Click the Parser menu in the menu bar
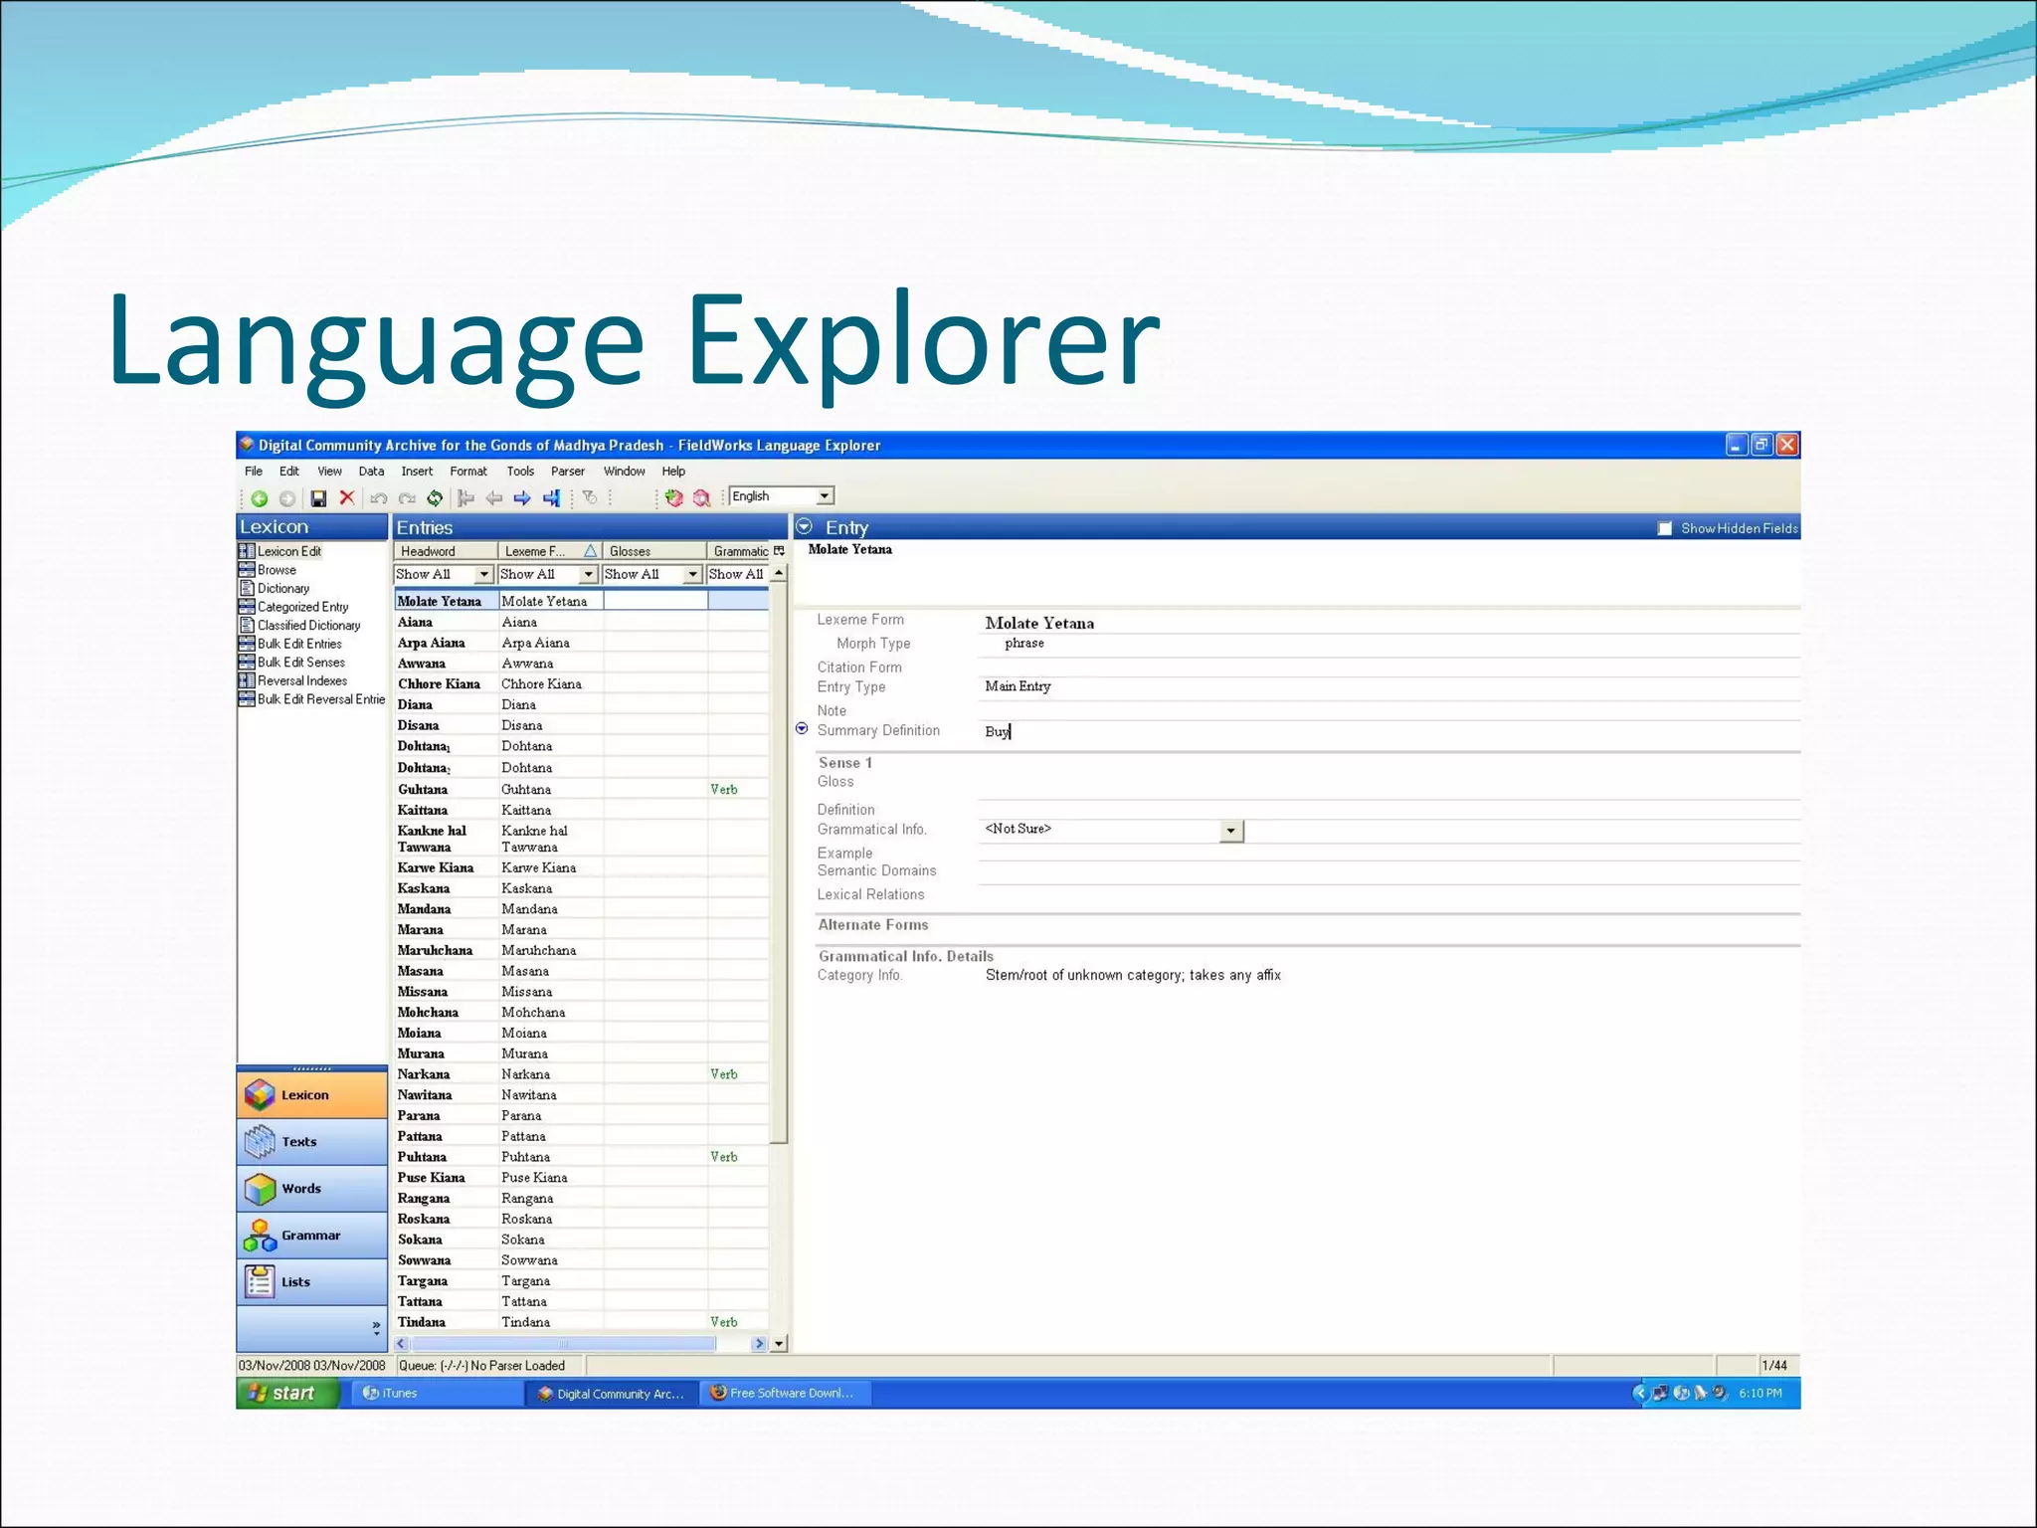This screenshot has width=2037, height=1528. (x=567, y=472)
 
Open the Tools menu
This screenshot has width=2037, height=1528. (x=520, y=472)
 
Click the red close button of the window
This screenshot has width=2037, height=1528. (x=1787, y=445)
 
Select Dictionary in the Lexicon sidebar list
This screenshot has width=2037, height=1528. (x=282, y=588)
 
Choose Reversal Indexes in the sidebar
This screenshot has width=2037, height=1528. (x=301, y=680)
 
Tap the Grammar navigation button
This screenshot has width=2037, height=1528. (x=311, y=1236)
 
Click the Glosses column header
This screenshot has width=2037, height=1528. (x=630, y=551)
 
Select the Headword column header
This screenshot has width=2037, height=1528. (x=429, y=551)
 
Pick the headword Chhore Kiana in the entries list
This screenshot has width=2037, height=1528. (x=439, y=684)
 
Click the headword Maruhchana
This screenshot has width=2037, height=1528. (x=435, y=950)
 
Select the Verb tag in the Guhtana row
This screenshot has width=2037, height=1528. (x=724, y=789)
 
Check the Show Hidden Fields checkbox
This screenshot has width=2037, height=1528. (x=1665, y=528)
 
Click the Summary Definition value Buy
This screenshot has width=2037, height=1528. (x=997, y=731)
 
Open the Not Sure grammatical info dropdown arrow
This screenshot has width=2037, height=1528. (x=1231, y=831)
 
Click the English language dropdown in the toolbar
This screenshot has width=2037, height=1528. (x=781, y=496)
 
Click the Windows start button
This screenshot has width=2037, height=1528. (x=284, y=1393)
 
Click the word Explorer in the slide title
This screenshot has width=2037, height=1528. (x=923, y=340)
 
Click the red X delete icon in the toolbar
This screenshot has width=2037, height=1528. (x=347, y=497)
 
